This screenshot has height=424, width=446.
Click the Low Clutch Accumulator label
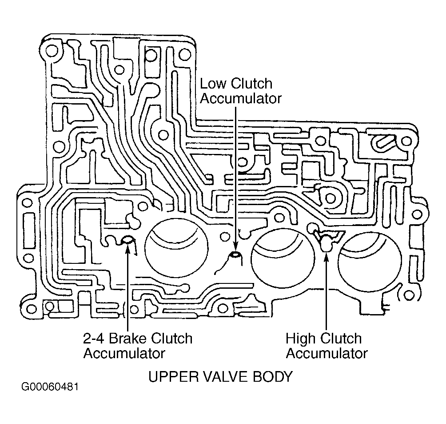tap(241, 91)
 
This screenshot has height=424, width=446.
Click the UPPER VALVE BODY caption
tap(220, 377)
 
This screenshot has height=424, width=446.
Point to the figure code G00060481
tap(50, 387)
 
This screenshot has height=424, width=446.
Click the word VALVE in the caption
tap(227, 377)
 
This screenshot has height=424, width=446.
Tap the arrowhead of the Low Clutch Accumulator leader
tap(235, 246)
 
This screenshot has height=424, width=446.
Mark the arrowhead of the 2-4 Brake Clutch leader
tap(127, 245)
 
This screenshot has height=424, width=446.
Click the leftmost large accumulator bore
tap(176, 247)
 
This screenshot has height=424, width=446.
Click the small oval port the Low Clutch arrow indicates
tap(235, 254)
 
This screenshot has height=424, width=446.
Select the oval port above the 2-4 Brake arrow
tap(127, 240)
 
